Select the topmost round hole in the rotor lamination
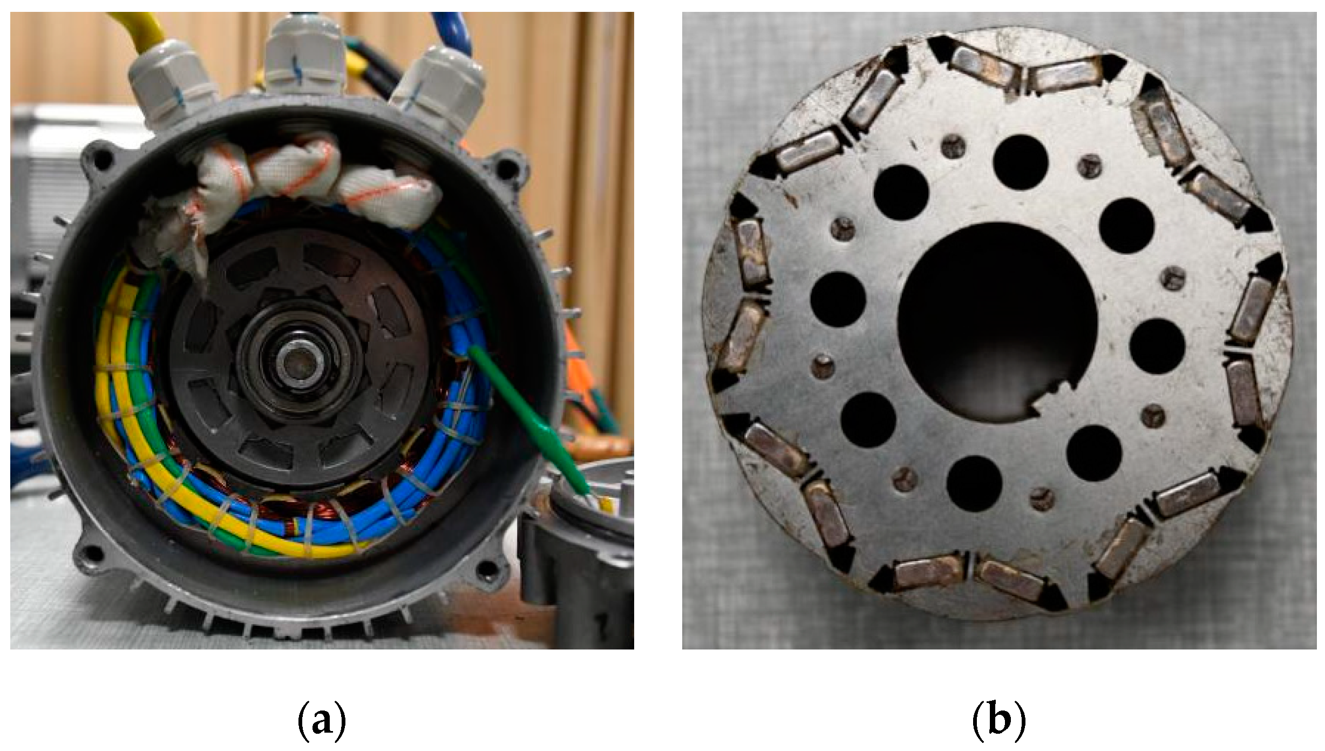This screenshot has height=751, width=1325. (1020, 162)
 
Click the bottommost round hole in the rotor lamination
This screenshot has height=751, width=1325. (974, 483)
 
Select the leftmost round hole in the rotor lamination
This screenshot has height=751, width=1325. (838, 299)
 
